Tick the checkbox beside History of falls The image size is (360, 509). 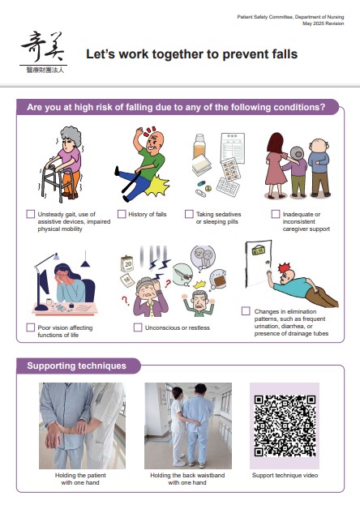pyautogui.click(x=122, y=214)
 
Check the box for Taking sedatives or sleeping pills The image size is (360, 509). pyautogui.click(x=189, y=214)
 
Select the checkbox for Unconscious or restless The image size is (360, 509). pyautogui.click(x=138, y=327)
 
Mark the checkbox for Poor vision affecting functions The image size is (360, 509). pyautogui.click(x=30, y=327)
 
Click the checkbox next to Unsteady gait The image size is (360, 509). pyautogui.click(x=30, y=214)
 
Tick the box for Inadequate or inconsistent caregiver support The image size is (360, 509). pyautogui.click(x=276, y=214)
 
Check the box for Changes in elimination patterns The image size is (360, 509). pyautogui.click(x=246, y=311)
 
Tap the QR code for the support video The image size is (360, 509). pyautogui.click(x=285, y=426)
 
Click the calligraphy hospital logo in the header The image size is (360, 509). pyautogui.click(x=44, y=52)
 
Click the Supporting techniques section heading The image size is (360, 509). pyautogui.click(x=76, y=366)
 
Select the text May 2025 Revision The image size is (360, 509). pyautogui.click(x=323, y=24)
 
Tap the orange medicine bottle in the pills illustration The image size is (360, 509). pyautogui.click(x=199, y=147)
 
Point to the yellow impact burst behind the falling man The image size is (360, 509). pyautogui.click(x=157, y=186)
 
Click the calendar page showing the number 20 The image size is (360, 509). pyautogui.click(x=127, y=264)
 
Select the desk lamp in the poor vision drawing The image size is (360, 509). pyautogui.click(x=43, y=282)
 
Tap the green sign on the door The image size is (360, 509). pyautogui.click(x=259, y=250)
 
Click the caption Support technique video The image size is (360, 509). pyautogui.click(x=285, y=475)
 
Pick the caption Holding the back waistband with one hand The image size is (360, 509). pyautogui.click(x=187, y=479)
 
